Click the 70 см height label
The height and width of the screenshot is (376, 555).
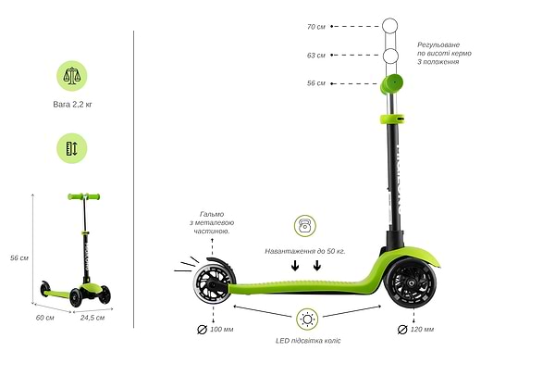point(315,27)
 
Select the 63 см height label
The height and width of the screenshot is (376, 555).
point(315,56)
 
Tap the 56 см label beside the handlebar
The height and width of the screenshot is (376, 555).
point(315,83)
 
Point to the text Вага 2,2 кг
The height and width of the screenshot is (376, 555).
point(72,105)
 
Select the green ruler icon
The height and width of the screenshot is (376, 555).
point(72,147)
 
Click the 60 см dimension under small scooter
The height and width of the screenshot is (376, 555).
point(45,318)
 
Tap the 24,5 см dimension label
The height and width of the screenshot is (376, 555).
point(92,318)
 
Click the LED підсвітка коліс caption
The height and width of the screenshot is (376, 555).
point(308,341)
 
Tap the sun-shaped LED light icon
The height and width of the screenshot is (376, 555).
point(307,320)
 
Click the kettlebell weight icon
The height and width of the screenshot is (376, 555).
point(305,226)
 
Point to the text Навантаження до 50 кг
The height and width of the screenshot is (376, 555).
point(305,250)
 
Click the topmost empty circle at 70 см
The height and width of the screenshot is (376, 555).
point(389,26)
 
